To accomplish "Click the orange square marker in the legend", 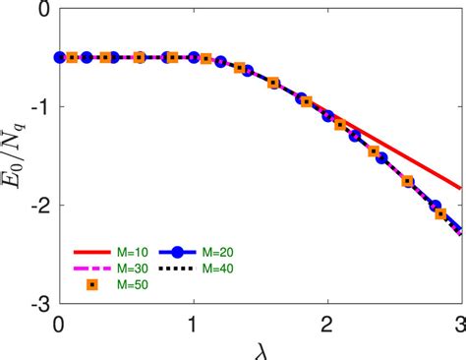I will [92, 285].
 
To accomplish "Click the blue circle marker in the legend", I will [190, 252].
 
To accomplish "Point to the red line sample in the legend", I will [92, 252].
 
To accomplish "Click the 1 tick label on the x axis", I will [194, 322].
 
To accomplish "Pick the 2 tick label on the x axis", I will [327, 322].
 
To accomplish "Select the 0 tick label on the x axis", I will [60, 322].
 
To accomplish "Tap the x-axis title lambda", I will [261, 350].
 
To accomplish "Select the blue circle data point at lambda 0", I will [60, 57].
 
